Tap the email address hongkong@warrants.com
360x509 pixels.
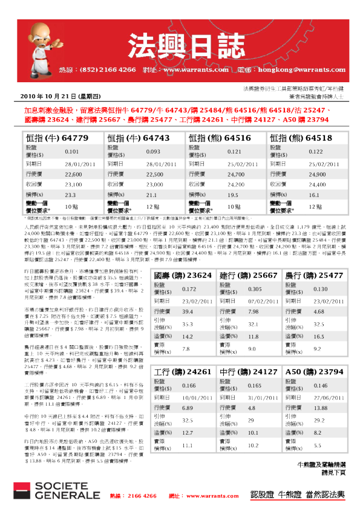coord(289,70)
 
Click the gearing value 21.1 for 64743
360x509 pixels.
coord(137,195)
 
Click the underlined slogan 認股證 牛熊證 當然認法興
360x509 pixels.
coord(298,494)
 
